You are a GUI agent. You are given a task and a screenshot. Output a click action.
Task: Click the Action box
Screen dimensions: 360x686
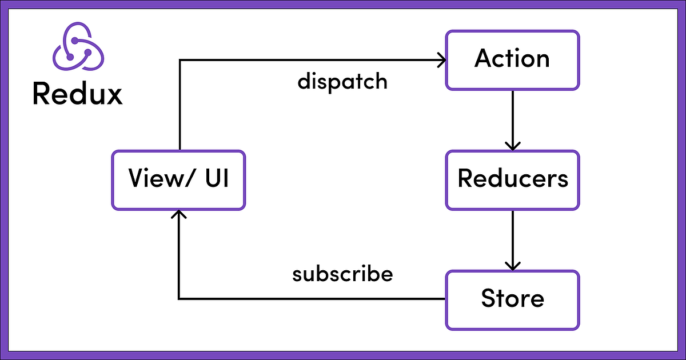tap(512, 60)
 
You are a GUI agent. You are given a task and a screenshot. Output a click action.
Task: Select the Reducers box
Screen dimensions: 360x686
tap(512, 179)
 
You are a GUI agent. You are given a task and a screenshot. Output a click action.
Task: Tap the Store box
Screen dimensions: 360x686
tap(512, 299)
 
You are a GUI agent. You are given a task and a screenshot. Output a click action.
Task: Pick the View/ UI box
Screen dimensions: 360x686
tap(178, 179)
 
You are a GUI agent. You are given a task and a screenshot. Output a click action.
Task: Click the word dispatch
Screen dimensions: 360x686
tap(342, 82)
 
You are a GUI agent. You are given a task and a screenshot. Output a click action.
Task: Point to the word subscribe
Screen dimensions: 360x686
tap(342, 274)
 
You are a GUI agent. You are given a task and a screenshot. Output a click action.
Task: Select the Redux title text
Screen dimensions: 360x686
tap(78, 94)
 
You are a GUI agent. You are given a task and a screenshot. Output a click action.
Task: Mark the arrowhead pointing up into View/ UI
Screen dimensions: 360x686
tap(180, 215)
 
